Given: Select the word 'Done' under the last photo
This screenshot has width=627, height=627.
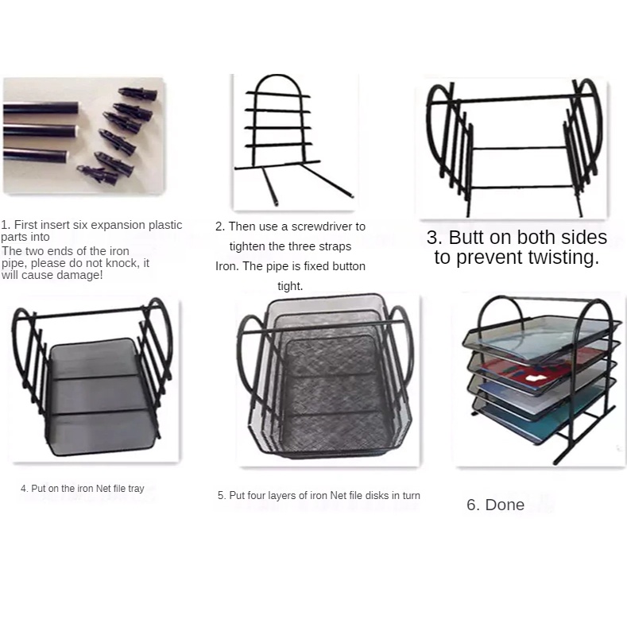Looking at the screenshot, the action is pyautogui.click(x=505, y=505).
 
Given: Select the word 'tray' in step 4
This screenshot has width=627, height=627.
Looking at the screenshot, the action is pyautogui.click(x=136, y=489).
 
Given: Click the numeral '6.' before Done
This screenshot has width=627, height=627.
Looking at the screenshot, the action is pyautogui.click(x=474, y=505).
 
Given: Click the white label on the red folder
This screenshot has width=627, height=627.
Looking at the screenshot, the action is pyautogui.click(x=534, y=377).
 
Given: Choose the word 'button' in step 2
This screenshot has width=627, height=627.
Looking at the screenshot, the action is pyautogui.click(x=349, y=266).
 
